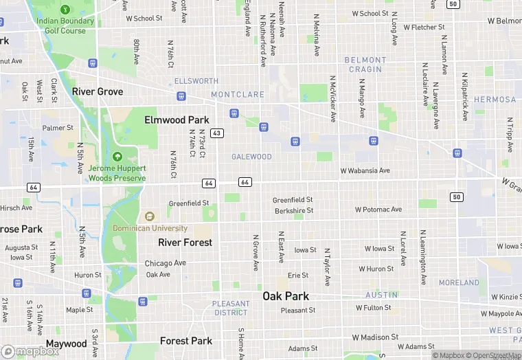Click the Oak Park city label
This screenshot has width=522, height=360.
click(286, 296)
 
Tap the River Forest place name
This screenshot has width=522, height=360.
click(185, 243)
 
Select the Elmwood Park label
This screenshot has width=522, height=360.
click(177, 120)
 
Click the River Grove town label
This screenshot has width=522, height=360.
click(98, 91)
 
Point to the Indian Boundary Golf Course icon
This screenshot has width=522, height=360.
click(65, 10)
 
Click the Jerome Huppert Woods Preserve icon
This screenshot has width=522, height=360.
click(117, 157)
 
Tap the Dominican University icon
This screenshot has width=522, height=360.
click(149, 216)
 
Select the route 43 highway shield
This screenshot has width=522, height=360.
click(216, 133)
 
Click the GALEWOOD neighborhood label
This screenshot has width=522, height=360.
click(251, 157)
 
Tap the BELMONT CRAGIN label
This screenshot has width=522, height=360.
click(363, 65)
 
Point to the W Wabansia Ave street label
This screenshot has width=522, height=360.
click(365, 170)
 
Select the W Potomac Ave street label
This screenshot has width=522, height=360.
click(378, 209)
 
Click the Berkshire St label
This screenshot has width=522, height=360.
click(293, 210)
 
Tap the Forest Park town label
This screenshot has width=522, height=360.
click(185, 341)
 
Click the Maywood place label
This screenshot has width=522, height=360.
click(67, 344)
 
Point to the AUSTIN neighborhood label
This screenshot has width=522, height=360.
click(381, 295)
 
